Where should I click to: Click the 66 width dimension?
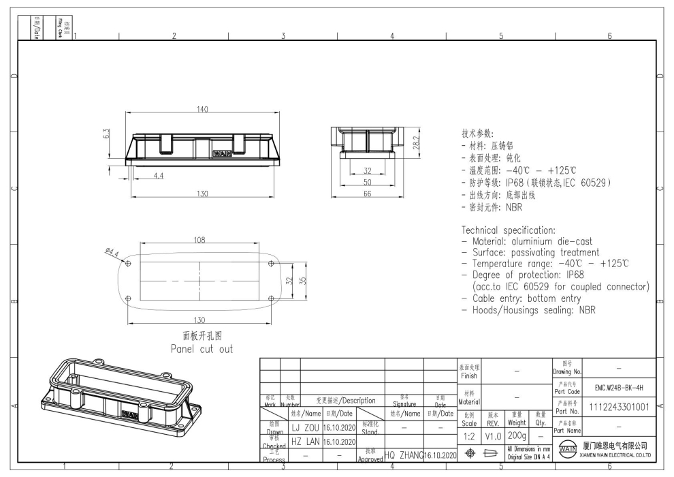coord(368,194)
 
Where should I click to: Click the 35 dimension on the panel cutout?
coord(302,280)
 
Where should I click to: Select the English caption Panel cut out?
coord(202,349)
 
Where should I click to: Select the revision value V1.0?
coord(492,433)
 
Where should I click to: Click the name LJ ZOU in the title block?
coord(306,427)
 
